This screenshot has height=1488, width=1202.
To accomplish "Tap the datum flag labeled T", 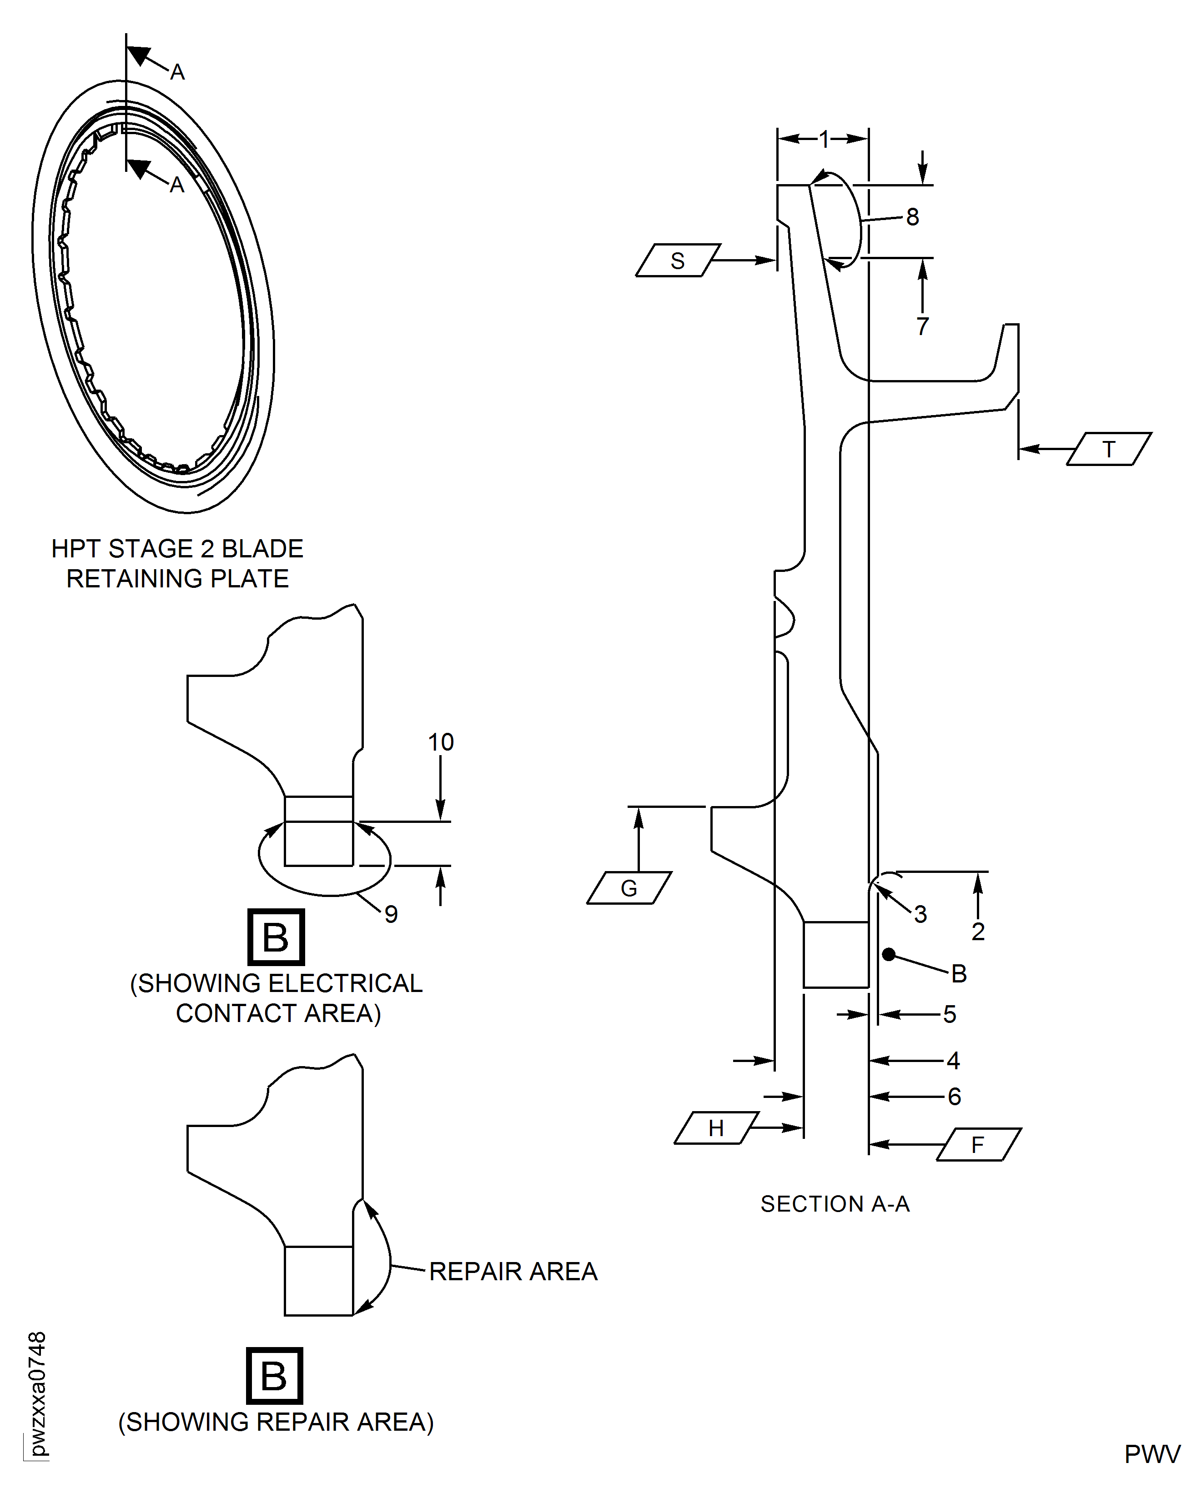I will [x=1108, y=449].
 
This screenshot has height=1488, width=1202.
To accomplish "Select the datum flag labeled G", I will [x=629, y=888].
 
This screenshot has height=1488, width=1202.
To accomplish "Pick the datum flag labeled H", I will [x=716, y=1128].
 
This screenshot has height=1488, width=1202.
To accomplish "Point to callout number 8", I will [x=913, y=216].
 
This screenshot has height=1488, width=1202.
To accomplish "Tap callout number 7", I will [x=922, y=326].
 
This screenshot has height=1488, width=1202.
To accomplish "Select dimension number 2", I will [x=978, y=932].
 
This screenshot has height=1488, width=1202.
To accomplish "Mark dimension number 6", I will [x=954, y=1096].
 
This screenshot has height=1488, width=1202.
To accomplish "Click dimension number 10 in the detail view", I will [x=440, y=742].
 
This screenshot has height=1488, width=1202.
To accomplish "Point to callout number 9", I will [x=391, y=914].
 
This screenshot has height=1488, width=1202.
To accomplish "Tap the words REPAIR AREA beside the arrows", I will [x=513, y=1272].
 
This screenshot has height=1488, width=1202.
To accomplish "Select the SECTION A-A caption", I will [x=835, y=1204].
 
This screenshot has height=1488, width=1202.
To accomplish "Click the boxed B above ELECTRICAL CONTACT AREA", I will [x=276, y=937].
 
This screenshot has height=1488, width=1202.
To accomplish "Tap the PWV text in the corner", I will [x=1152, y=1454].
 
